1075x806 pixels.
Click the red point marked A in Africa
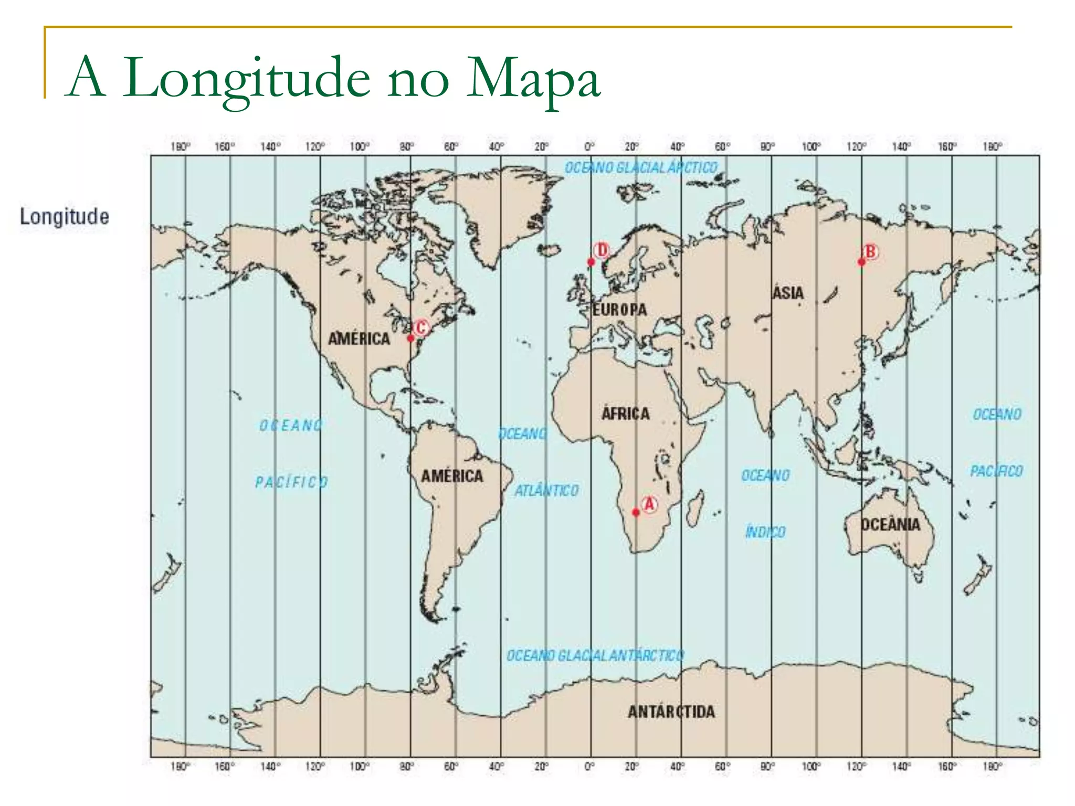point(636,512)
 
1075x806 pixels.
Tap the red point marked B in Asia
point(861,262)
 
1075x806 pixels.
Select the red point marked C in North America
point(410,338)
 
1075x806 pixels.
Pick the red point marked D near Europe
point(591,262)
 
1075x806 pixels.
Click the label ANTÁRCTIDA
point(671,712)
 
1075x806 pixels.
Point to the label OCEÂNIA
point(891,524)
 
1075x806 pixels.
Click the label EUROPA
point(619,310)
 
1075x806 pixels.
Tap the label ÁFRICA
point(625,413)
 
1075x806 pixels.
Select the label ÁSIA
point(788,292)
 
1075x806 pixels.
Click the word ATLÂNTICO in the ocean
point(546,491)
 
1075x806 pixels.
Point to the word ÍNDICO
point(765,532)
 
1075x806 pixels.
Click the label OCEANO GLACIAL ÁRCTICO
point(641,168)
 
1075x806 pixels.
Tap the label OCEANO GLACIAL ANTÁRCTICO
point(595,656)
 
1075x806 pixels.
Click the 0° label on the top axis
point(590,146)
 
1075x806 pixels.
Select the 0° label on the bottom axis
point(590,767)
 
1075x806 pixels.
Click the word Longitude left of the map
point(65,216)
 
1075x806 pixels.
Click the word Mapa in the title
point(533,79)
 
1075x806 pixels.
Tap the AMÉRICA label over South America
point(452,476)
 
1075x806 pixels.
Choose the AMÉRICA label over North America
point(359,338)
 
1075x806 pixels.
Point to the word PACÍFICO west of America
point(292,482)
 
